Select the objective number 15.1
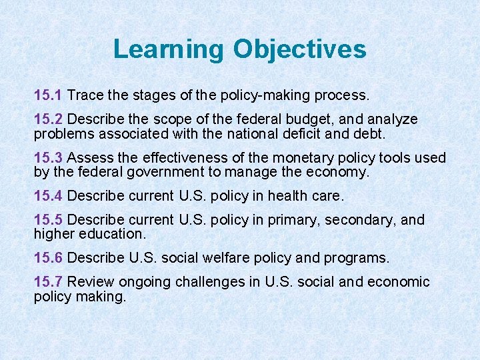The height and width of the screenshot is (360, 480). click(48, 95)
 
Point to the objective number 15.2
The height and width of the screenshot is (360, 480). click(48, 119)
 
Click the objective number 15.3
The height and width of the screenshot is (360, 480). click(48, 157)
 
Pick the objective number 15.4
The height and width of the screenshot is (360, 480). click(48, 195)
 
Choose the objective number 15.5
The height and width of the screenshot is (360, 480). click(48, 220)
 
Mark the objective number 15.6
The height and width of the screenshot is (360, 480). click(48, 257)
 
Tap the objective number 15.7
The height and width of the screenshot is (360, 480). click(48, 282)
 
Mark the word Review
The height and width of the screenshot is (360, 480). click(89, 282)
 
